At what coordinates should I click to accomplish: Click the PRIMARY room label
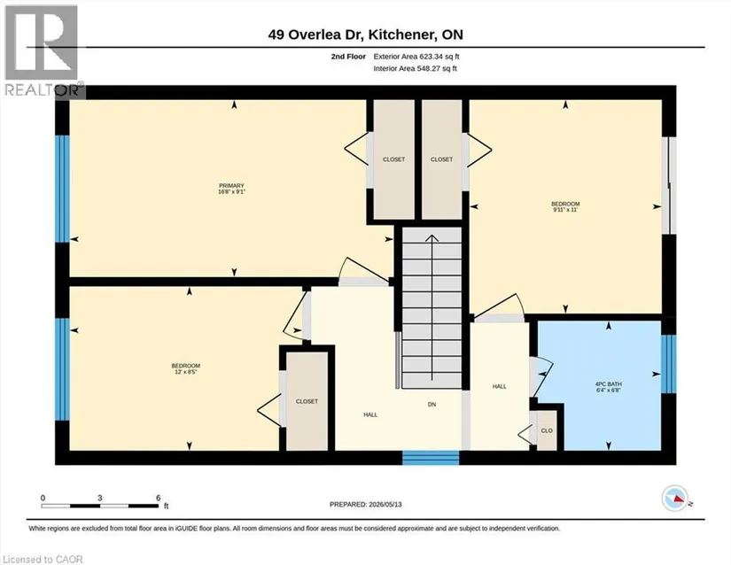point(231,186)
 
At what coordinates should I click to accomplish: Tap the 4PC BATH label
point(609,384)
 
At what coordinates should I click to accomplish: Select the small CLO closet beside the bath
point(547,430)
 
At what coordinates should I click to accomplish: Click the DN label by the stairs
point(432,405)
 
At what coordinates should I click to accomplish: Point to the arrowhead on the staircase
point(432,238)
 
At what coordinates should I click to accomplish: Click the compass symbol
point(675,499)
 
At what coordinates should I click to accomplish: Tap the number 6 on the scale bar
point(159,498)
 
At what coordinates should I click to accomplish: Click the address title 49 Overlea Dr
point(317,35)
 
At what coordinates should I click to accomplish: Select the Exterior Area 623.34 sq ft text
point(416,57)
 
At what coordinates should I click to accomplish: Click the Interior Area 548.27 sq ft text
point(415,68)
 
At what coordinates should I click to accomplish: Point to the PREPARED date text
point(365,504)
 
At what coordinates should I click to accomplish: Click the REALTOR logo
point(42,50)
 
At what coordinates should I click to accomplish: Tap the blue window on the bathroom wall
point(668,364)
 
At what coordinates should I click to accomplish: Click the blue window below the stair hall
point(431,458)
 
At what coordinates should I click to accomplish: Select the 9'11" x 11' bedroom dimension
point(565,210)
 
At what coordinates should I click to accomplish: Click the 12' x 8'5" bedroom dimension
point(186,372)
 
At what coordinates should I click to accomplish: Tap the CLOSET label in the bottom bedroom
point(307,401)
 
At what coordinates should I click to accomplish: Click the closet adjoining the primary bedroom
point(394,159)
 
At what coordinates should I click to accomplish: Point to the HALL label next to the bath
point(500,386)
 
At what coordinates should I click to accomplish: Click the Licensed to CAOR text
point(43,560)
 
